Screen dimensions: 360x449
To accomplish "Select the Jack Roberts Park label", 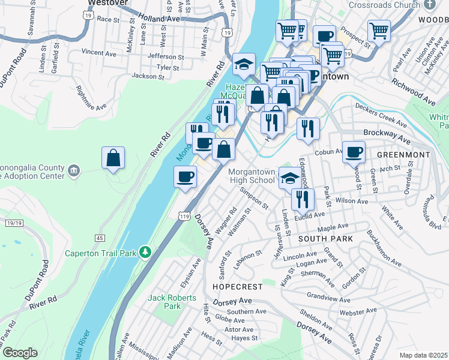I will point(172,302).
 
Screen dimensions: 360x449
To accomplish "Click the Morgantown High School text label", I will point(252,176).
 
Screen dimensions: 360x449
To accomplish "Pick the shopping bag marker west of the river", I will point(113,158).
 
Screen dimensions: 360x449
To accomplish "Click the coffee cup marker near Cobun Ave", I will point(354,151).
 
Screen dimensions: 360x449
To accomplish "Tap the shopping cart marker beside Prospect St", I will point(379,30).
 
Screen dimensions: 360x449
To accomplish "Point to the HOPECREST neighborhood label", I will point(238,287).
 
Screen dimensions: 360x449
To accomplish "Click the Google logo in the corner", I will point(20,353).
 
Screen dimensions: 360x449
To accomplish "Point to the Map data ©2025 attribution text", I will point(423,355).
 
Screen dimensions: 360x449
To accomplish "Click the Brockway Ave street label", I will point(387,136).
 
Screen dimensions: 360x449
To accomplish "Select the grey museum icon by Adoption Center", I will point(73,171).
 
